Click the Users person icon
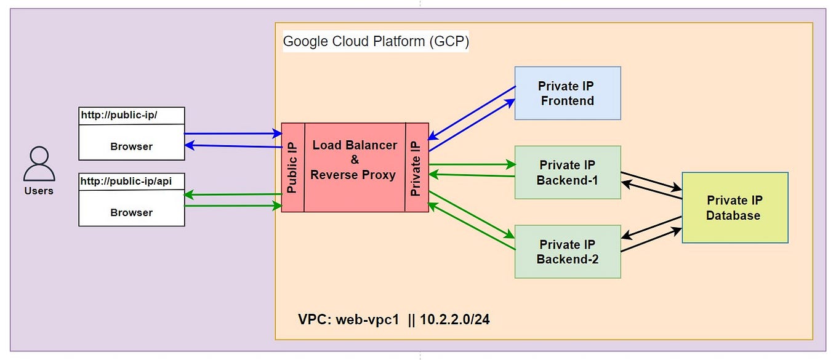pos(39,164)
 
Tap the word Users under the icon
pos(39,191)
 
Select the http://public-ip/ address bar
pos(131,115)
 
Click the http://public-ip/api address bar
pos(131,181)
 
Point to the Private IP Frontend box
pos(567,93)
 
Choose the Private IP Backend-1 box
pos(567,172)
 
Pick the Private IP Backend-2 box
pos(567,252)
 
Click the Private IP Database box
pos(734,208)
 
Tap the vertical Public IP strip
pos(292,167)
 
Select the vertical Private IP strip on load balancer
pos(417,167)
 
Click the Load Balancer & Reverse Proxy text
pos(354,160)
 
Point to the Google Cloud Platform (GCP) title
pos(376,42)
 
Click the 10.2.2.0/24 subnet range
pos(455,320)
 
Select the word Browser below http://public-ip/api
pos(131,212)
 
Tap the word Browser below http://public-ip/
pos(131,146)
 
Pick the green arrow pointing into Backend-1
pos(472,164)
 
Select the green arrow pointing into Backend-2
pos(472,215)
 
